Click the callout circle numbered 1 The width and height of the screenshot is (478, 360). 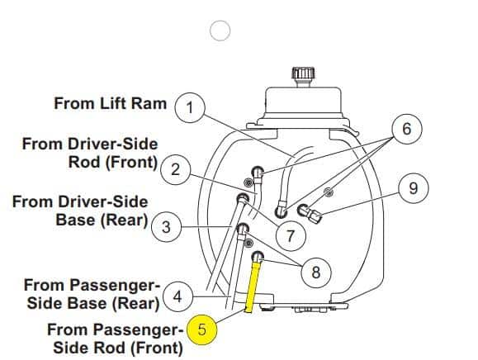pyautogui.click(x=190, y=108)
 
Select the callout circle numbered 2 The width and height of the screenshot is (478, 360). pyautogui.click(x=175, y=169)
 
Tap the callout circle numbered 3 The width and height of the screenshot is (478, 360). pyautogui.click(x=166, y=227)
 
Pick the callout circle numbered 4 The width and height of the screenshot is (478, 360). pyautogui.click(x=177, y=296)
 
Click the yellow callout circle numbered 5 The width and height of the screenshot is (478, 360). pyautogui.click(x=201, y=329)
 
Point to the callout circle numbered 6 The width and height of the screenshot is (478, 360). pyautogui.click(x=407, y=129)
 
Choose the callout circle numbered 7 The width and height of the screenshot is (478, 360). pyautogui.click(x=291, y=235)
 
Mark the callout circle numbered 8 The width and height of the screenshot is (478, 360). pyautogui.click(x=316, y=272)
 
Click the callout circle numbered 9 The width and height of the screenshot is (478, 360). pyautogui.click(x=413, y=188)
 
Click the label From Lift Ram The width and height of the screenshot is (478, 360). pyautogui.click(x=111, y=103)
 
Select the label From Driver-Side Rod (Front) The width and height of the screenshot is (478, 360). pyautogui.click(x=90, y=153)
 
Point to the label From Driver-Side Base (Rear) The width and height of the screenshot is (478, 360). pyautogui.click(x=80, y=211)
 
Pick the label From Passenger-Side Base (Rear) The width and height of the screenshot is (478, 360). pyautogui.click(x=92, y=294)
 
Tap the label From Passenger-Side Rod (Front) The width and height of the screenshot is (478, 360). pyautogui.click(x=116, y=339)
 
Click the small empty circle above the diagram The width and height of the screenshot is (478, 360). pyautogui.click(x=220, y=31)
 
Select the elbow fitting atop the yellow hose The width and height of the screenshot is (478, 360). pyautogui.click(x=258, y=257)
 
